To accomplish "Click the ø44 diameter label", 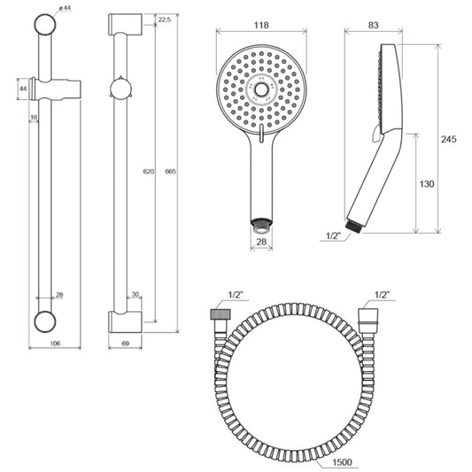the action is point(64,8).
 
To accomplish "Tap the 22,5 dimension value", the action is point(165,19).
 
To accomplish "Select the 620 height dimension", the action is point(149,172).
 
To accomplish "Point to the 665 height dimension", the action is point(170,172).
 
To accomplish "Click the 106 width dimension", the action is point(55,344).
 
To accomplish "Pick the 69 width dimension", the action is point(125,344).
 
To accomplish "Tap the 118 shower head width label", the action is point(261,25).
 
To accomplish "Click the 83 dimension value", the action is point(374,25).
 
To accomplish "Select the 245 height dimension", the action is point(448,139).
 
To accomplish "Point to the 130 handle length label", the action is point(427,184).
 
